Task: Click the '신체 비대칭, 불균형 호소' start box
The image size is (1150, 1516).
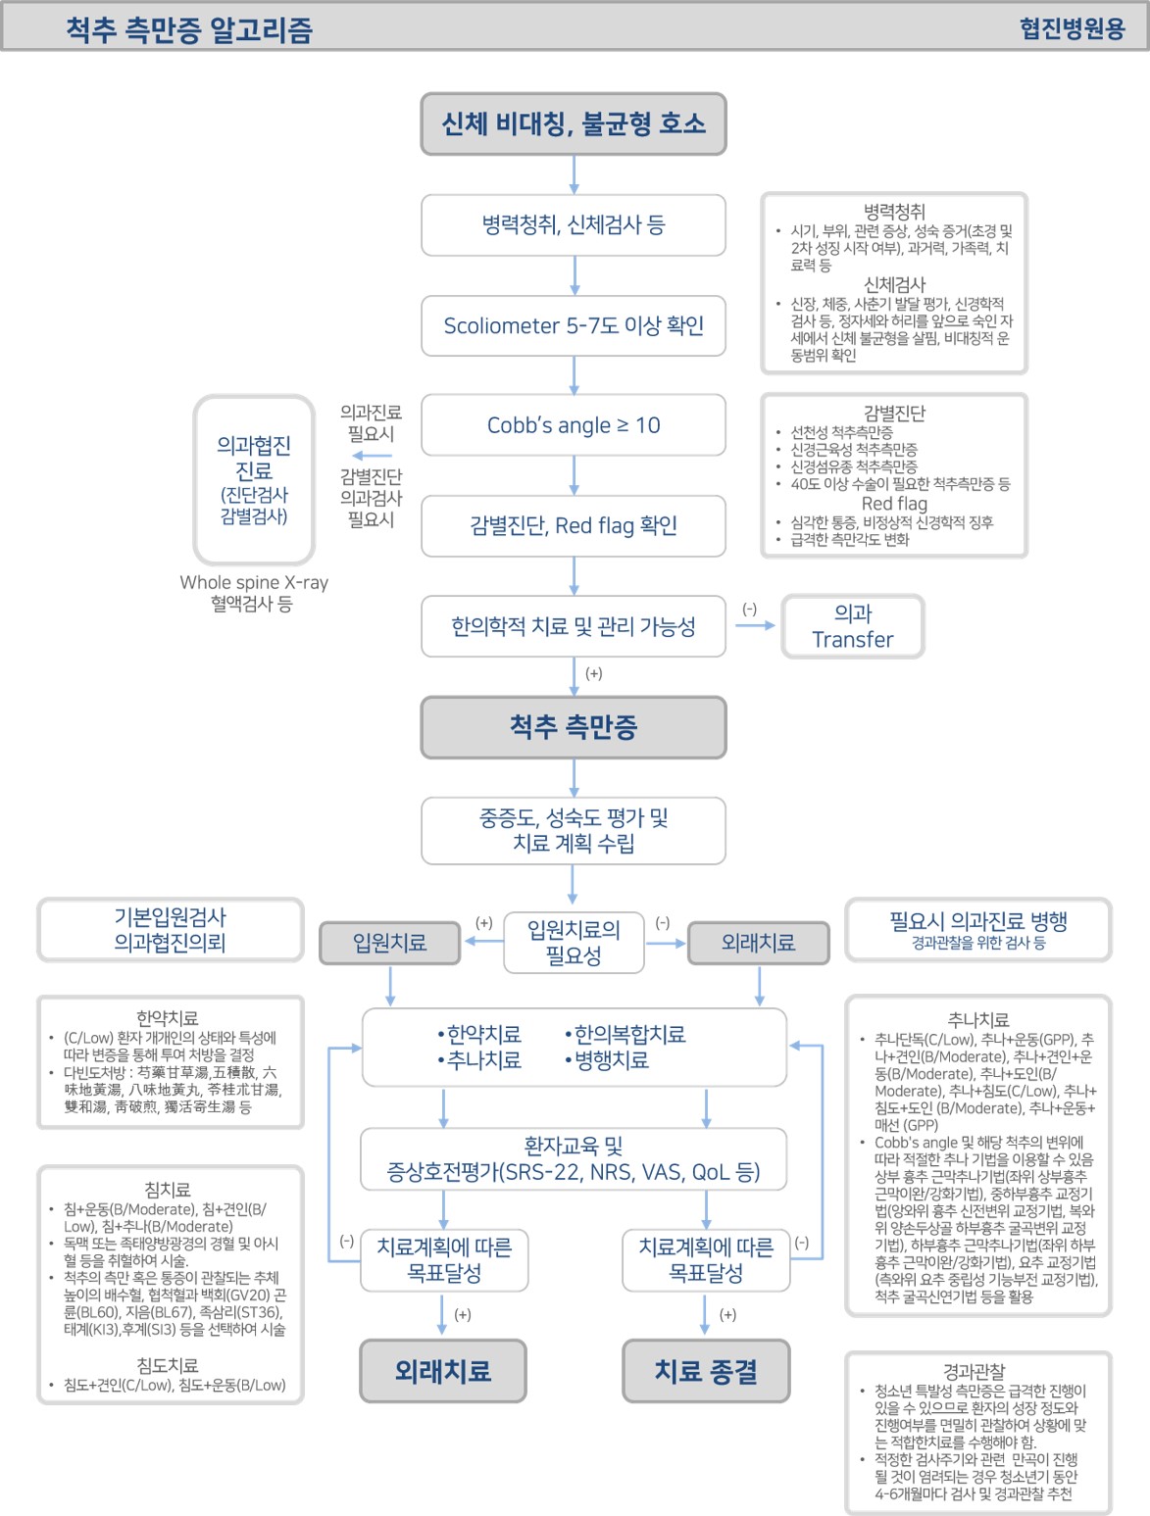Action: pyautogui.click(x=574, y=124)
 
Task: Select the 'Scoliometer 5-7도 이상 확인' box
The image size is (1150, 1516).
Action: pyautogui.click(x=574, y=325)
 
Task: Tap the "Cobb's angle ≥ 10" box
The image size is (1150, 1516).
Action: pyautogui.click(x=574, y=425)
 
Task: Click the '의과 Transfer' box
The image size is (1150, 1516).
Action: pyautogui.click(x=852, y=626)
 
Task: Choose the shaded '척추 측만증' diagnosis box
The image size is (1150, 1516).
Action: pyautogui.click(x=574, y=727)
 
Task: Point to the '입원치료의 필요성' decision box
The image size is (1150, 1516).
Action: pyautogui.click(x=574, y=943)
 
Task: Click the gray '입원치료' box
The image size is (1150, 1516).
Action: pyautogui.click(x=390, y=943)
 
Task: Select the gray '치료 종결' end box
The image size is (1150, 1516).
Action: pyautogui.click(x=706, y=1371)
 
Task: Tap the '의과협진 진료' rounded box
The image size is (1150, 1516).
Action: pyautogui.click(x=254, y=479)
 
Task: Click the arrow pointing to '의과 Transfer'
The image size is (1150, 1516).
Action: pyautogui.click(x=755, y=625)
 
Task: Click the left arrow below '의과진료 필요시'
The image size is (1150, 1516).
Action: pyautogui.click(x=372, y=456)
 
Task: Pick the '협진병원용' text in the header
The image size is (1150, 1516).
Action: pyautogui.click(x=1072, y=28)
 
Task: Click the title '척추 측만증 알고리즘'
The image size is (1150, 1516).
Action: pyautogui.click(x=189, y=29)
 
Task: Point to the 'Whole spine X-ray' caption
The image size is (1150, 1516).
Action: pyautogui.click(x=254, y=582)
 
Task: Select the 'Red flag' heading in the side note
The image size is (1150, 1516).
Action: pyautogui.click(x=894, y=504)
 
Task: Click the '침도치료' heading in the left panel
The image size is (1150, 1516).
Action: pyautogui.click(x=168, y=1365)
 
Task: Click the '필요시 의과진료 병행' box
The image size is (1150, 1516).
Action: pyautogui.click(x=977, y=929)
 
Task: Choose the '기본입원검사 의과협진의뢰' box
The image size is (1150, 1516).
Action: pyautogui.click(x=170, y=930)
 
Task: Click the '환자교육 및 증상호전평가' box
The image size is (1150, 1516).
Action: pyautogui.click(x=574, y=1159)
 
